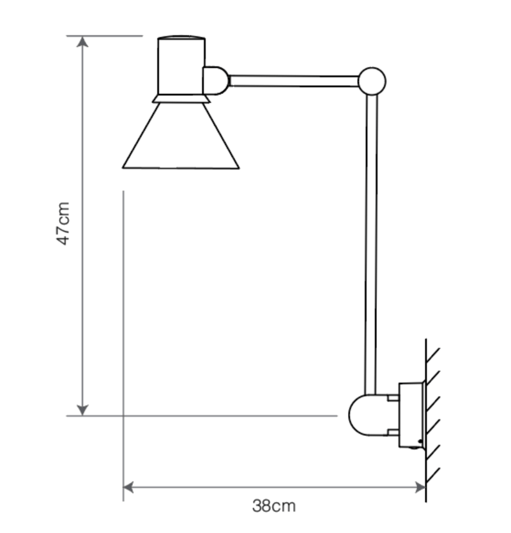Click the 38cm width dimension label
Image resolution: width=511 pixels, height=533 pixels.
[x=274, y=507]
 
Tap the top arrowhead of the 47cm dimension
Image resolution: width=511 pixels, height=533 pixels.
[x=82, y=42]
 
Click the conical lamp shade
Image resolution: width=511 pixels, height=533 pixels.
[x=181, y=137]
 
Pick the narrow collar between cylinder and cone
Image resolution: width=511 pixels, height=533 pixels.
[x=181, y=98]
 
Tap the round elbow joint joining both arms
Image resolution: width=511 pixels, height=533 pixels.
[x=372, y=81]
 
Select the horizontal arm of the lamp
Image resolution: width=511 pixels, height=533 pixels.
[x=294, y=81]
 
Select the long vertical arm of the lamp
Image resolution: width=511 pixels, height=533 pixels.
[x=371, y=243]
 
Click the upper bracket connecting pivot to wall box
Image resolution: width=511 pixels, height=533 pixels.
[x=392, y=398]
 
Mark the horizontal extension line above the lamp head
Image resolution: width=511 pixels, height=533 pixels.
[x=105, y=36]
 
